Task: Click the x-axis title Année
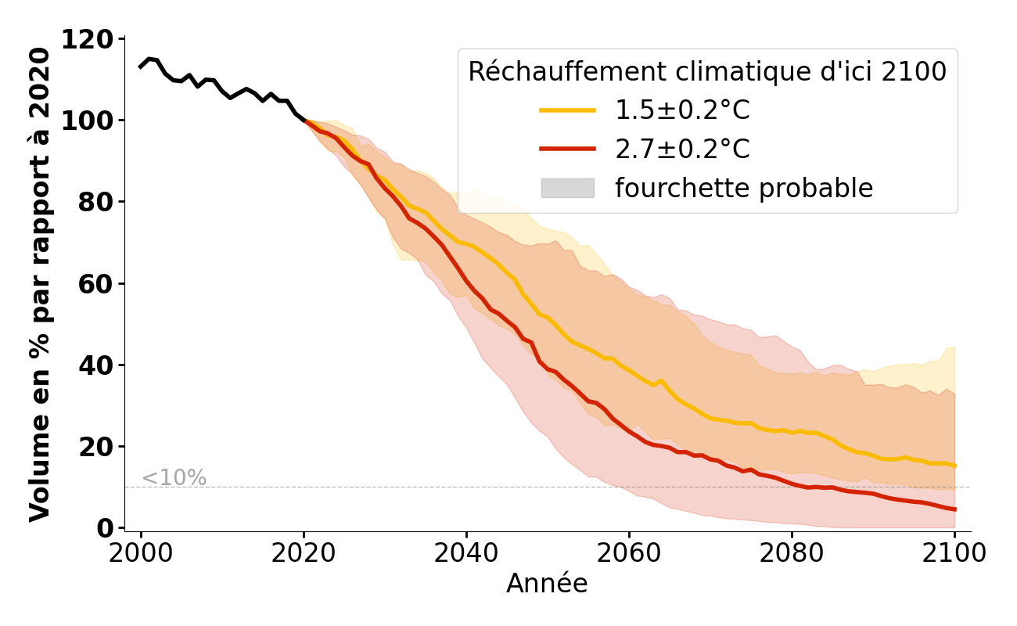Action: tap(547, 584)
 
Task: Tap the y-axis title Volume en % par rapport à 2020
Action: tap(41, 284)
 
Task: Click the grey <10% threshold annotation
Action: tap(174, 478)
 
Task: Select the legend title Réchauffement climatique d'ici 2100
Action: tap(707, 71)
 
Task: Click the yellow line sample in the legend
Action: tap(568, 110)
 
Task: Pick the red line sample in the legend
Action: tap(568, 149)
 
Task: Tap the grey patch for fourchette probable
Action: tap(568, 188)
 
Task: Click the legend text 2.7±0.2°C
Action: tap(682, 149)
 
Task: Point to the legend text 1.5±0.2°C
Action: tap(682, 110)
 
